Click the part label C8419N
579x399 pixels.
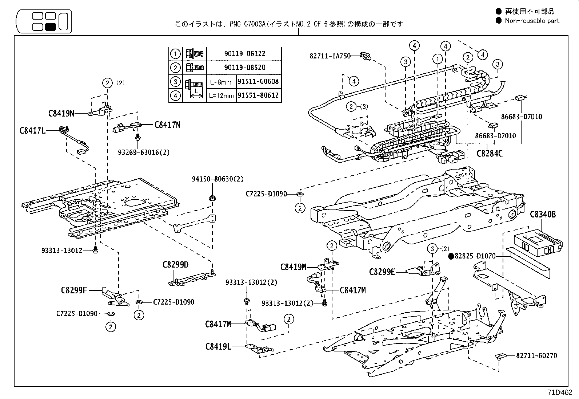[x=61, y=113]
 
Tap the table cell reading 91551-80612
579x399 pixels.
[x=258, y=95]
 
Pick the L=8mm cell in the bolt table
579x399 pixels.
[x=221, y=82]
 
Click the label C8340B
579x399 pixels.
[x=543, y=215]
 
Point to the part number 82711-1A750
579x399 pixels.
[x=330, y=56]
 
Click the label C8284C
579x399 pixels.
[x=490, y=154]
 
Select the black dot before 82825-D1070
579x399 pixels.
[x=451, y=256]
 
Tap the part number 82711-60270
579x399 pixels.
[x=536, y=356]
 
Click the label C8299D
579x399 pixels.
[x=175, y=264]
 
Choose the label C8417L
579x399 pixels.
[x=32, y=130]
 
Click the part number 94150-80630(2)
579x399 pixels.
[x=218, y=179]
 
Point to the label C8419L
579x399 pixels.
[x=218, y=346]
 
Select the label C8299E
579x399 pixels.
[x=382, y=272]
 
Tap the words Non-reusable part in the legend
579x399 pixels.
[x=532, y=21]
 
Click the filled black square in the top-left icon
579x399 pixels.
[x=50, y=27]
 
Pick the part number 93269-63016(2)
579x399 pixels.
[x=144, y=152]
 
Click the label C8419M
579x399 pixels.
[x=293, y=267]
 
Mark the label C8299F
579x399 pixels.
[x=74, y=290]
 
